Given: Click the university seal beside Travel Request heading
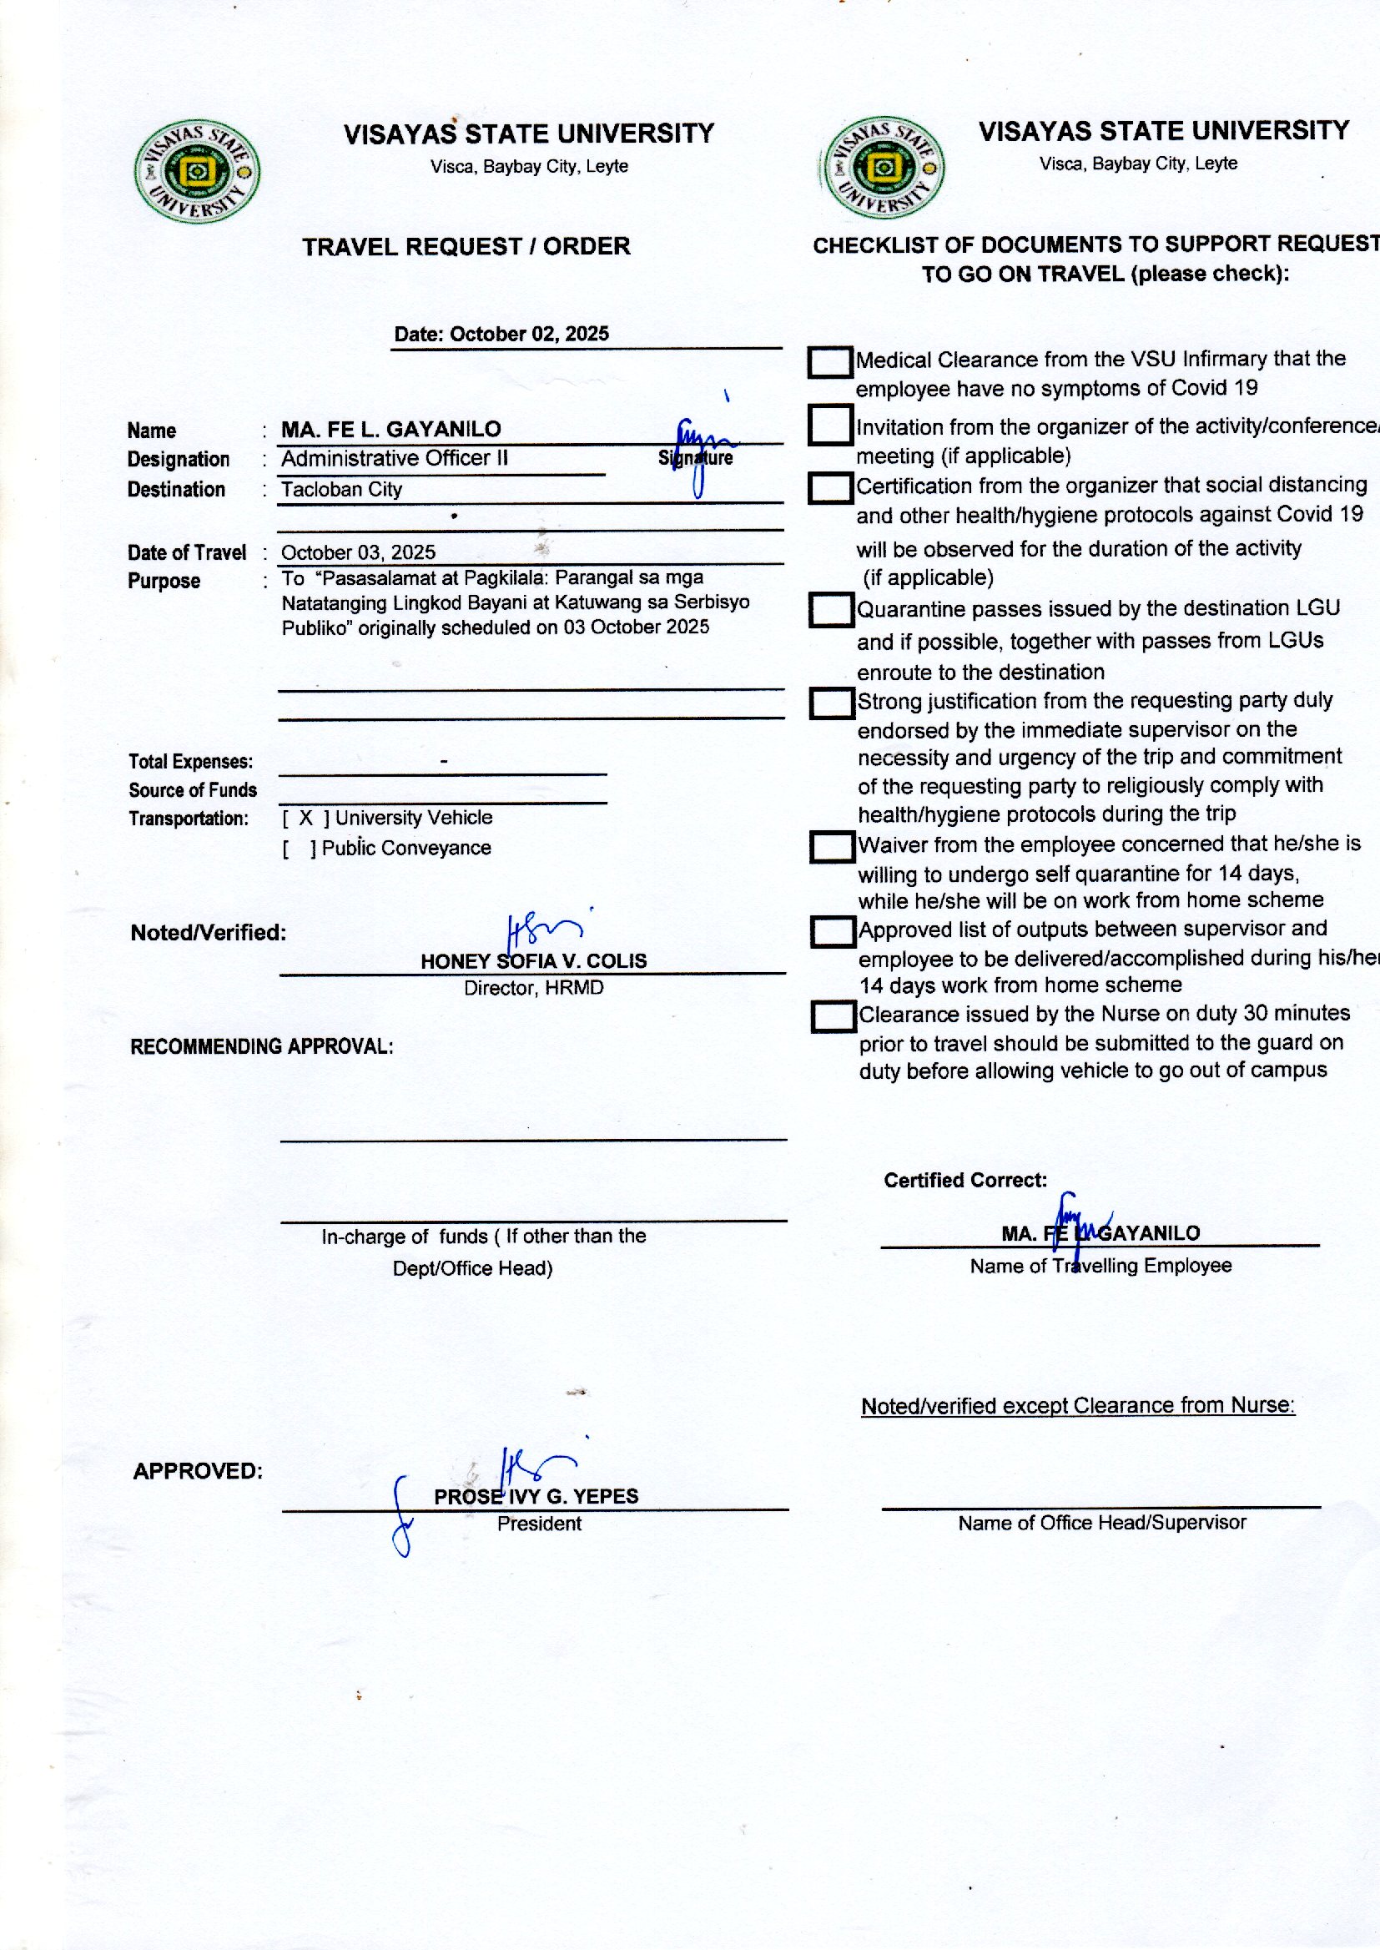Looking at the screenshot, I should pyautogui.click(x=197, y=172).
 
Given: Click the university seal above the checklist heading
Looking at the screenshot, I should pyautogui.click(x=883, y=168).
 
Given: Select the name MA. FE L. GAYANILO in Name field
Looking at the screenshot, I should pyautogui.click(x=390, y=429).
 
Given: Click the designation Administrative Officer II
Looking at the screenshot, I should pyautogui.click(x=395, y=459).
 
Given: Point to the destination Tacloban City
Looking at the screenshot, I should pyautogui.click(x=341, y=490).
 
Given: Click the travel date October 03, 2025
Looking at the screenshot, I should pyautogui.click(x=358, y=552).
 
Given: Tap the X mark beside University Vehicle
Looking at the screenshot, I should pyautogui.click(x=306, y=818).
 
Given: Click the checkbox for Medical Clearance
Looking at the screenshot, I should pyautogui.click(x=829, y=363).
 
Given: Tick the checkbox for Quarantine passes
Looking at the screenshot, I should pyautogui.click(x=831, y=610).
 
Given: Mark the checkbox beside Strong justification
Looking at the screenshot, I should pyautogui.click(x=831, y=703).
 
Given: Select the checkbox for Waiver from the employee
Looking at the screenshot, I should pyautogui.click(x=832, y=846).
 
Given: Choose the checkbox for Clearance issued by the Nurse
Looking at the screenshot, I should pyautogui.click(x=833, y=1016).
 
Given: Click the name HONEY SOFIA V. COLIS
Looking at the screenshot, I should pyautogui.click(x=534, y=961).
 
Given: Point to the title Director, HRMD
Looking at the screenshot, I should pyautogui.click(x=534, y=988).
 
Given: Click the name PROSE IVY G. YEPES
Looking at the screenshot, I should pyautogui.click(x=536, y=1496).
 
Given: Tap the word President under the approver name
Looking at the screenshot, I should pyautogui.click(x=539, y=1524).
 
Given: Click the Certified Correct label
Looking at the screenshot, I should pyautogui.click(x=965, y=1180).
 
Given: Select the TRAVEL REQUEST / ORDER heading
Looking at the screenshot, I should pyautogui.click(x=466, y=247).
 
